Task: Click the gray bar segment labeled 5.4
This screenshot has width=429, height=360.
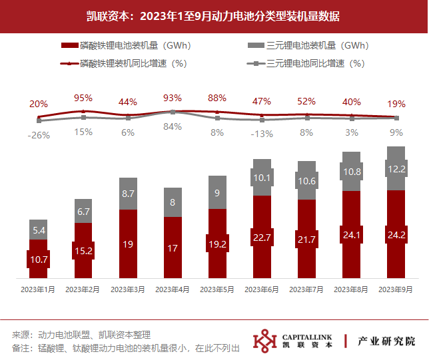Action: [39, 230]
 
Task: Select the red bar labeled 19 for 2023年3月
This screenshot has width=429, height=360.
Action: [128, 244]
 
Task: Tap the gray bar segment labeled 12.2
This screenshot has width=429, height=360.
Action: [396, 168]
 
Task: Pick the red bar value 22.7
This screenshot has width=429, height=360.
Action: [262, 238]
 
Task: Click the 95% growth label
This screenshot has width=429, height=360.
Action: [83, 98]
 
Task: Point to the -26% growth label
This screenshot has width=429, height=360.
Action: [39, 135]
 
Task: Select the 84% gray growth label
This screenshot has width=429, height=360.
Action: [173, 126]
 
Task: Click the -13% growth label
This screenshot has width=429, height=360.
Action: [262, 134]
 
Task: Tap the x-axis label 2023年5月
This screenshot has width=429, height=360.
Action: [217, 289]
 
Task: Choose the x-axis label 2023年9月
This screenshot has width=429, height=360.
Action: [396, 289]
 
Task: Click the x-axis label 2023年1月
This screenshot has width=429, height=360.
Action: [38, 289]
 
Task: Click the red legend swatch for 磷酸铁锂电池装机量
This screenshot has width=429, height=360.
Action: [70, 45]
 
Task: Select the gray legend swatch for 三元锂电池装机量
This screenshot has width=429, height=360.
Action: [256, 45]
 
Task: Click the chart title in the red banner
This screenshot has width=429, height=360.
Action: [213, 16]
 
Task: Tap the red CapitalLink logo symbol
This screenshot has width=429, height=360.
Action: [265, 341]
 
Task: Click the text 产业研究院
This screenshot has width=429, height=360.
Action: [386, 341]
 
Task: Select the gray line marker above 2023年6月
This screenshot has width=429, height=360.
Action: [262, 120]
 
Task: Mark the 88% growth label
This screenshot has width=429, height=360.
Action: [217, 98]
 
